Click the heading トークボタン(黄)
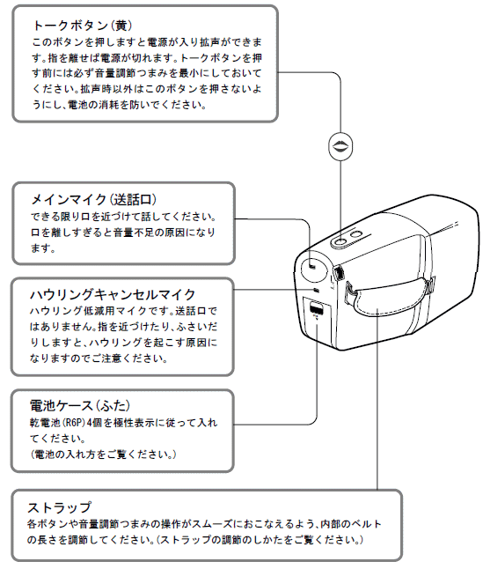pyautogui.click(x=82, y=25)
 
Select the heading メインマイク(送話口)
pyautogui.click(x=94, y=200)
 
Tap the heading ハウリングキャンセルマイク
pyautogui.click(x=113, y=294)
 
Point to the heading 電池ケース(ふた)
pyautogui.click(x=80, y=405)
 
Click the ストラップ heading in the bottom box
pyautogui.click(x=59, y=507)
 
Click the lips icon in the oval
pyautogui.click(x=340, y=146)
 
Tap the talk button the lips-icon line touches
pyautogui.click(x=341, y=242)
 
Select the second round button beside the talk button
pyautogui.click(x=357, y=234)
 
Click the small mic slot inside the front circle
pyautogui.click(x=312, y=268)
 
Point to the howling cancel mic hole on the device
pyautogui.click(x=317, y=290)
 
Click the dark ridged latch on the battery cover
pyautogui.click(x=317, y=309)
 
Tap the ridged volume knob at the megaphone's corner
pyautogui.click(x=339, y=273)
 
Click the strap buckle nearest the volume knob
pyautogui.click(x=349, y=292)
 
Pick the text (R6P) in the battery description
pyautogui.click(x=74, y=423)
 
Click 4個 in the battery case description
pyautogui.click(x=94, y=423)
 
